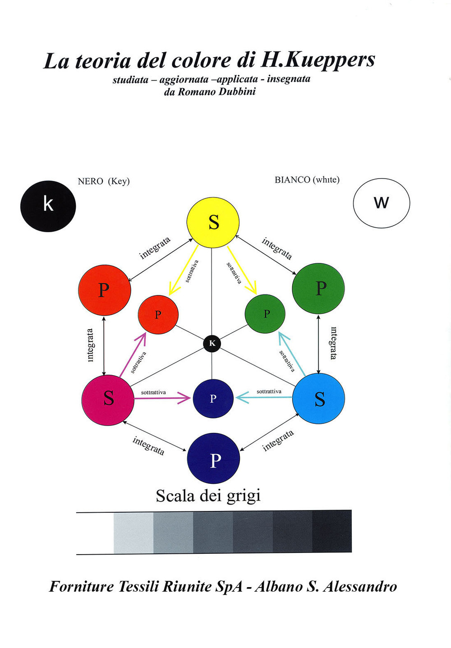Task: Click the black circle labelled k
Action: click(48, 206)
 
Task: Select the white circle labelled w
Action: click(381, 203)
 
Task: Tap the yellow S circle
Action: click(213, 222)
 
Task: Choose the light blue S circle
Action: click(319, 398)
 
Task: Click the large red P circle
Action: click(104, 290)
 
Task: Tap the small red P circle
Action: click(158, 314)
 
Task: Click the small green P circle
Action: click(265, 314)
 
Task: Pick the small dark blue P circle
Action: click(213, 398)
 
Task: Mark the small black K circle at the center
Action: click(212, 344)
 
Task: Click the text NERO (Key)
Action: click(104, 181)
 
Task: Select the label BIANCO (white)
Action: click(307, 180)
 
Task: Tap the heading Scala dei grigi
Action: click(208, 496)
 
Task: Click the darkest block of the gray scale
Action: click(332, 531)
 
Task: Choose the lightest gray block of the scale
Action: click(133, 533)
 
